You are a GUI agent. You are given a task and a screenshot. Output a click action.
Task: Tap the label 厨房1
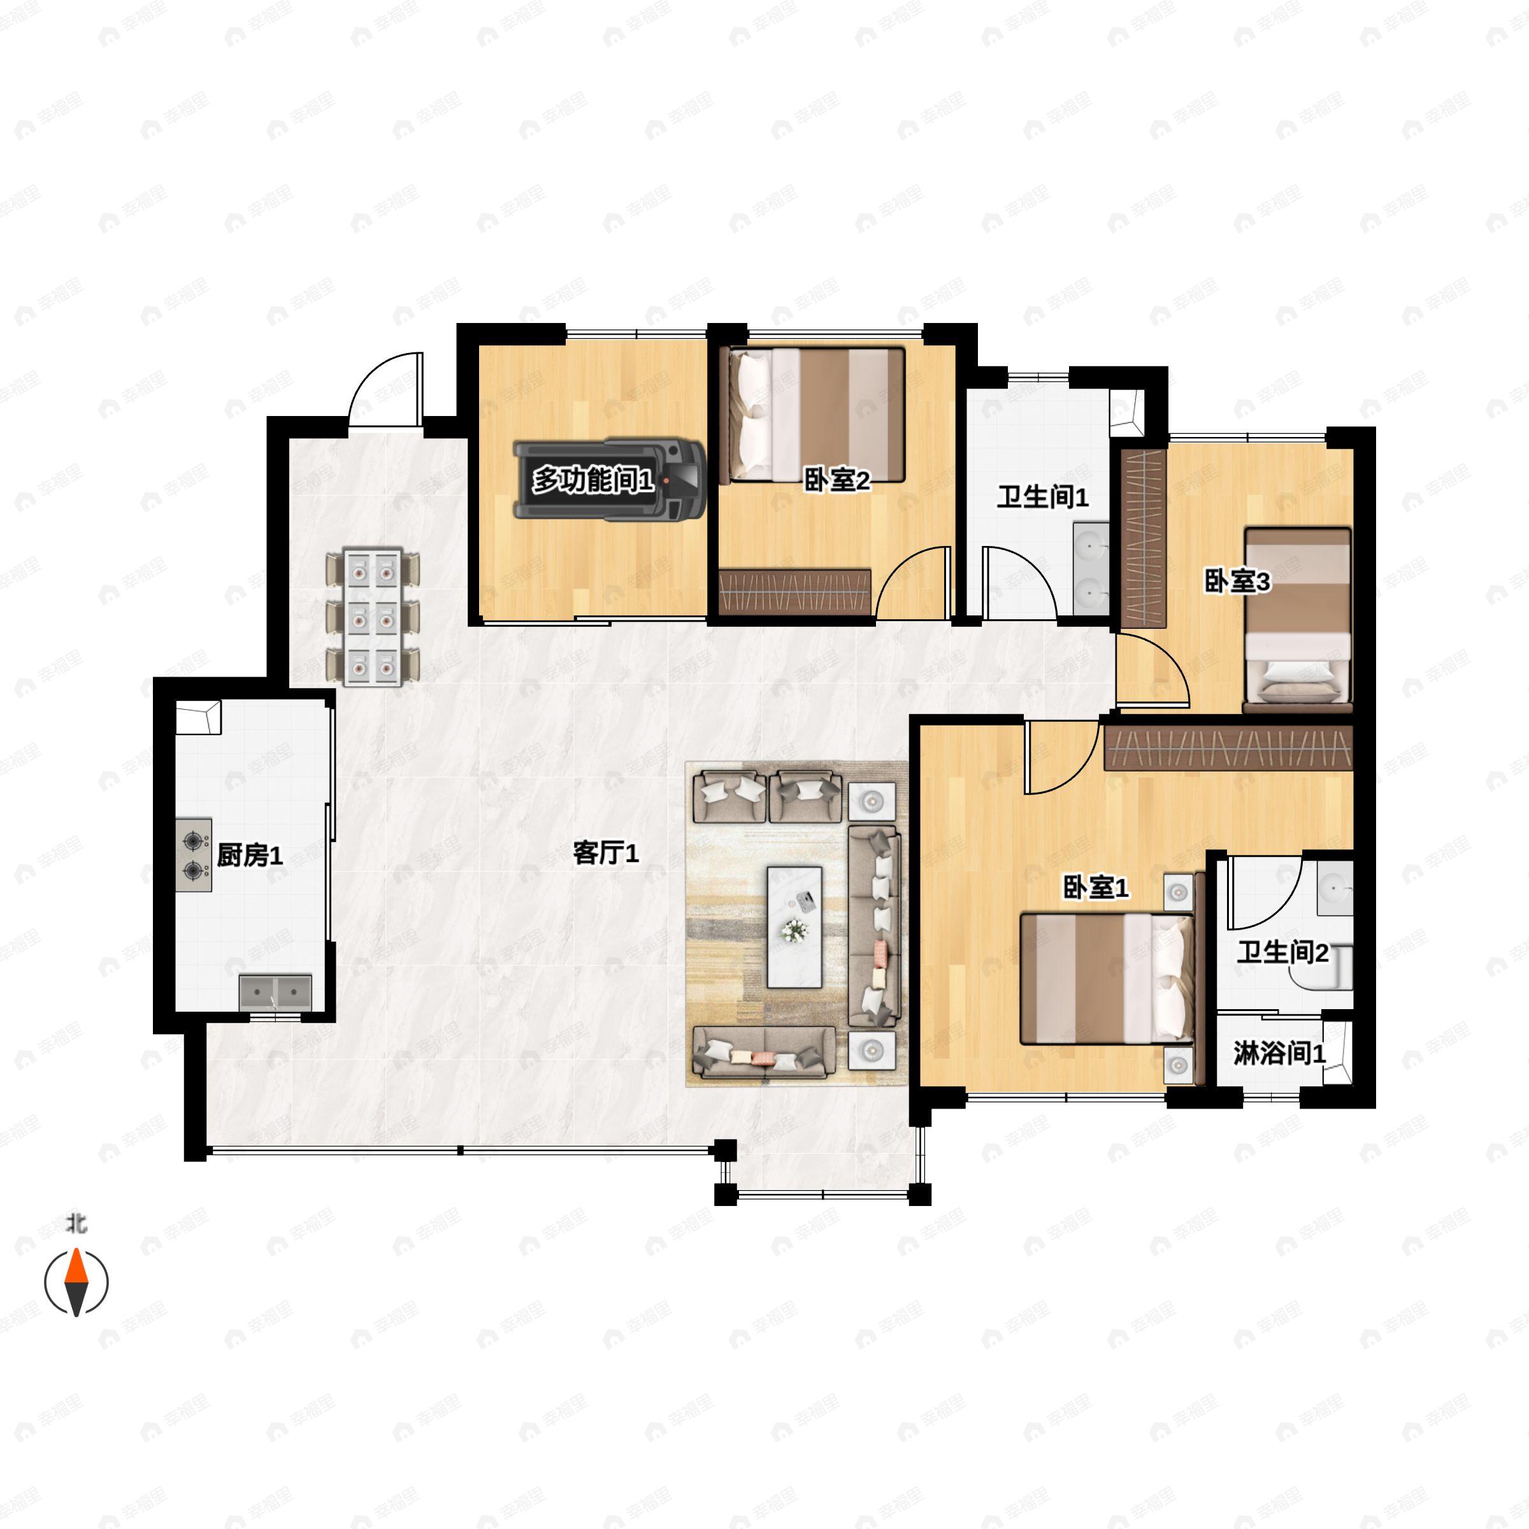click(x=249, y=855)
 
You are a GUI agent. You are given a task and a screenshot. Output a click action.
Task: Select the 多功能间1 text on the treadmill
click(x=592, y=480)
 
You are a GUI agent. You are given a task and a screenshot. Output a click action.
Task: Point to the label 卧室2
click(x=836, y=480)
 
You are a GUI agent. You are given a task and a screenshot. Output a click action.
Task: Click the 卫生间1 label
click(x=1042, y=497)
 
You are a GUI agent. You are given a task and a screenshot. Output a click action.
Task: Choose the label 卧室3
click(x=1237, y=582)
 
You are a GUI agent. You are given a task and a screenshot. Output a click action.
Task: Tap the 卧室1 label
click(x=1095, y=888)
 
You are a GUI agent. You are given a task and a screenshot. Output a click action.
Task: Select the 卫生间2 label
click(x=1282, y=952)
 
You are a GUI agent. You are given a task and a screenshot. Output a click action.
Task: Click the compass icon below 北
click(x=76, y=1281)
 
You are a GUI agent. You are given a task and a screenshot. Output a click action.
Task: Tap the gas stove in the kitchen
click(x=194, y=856)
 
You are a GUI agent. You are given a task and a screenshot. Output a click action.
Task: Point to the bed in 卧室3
click(x=1297, y=617)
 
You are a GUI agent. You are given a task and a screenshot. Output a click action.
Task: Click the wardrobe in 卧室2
click(x=794, y=591)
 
